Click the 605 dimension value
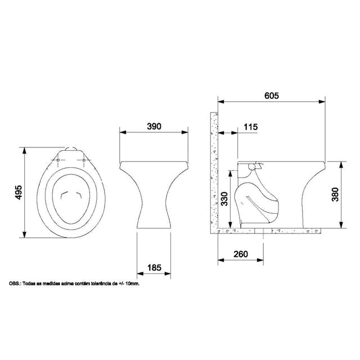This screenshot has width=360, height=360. [x=272, y=96]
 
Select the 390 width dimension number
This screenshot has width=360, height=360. [x=154, y=126]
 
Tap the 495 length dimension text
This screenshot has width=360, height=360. [x=19, y=192]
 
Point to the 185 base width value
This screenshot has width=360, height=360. [x=155, y=268]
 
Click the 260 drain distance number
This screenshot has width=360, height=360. [x=241, y=254]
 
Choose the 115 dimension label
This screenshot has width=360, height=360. [x=251, y=127]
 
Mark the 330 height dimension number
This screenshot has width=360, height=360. [x=224, y=199]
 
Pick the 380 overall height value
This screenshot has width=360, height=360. [x=335, y=195]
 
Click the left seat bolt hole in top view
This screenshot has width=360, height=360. [x=58, y=160]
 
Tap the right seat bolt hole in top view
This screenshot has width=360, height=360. [x=84, y=160]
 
